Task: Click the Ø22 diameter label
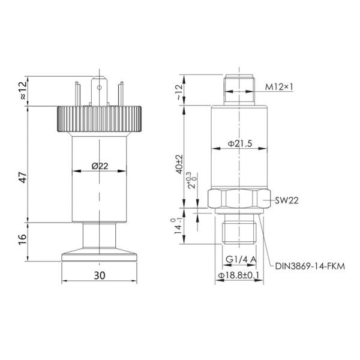tap(100, 166)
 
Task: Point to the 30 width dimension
tap(100, 275)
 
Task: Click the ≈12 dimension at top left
tap(22, 92)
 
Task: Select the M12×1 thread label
tap(280, 87)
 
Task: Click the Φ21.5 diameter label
tap(238, 145)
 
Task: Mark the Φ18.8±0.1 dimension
tap(239, 276)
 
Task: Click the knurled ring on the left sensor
tap(99, 120)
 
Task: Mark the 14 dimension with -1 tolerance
tap(179, 227)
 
